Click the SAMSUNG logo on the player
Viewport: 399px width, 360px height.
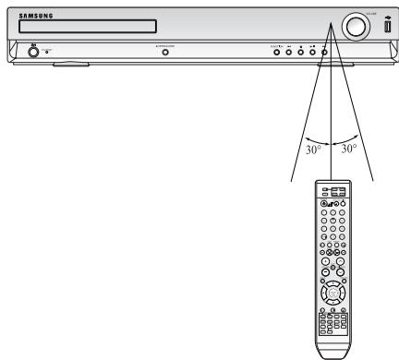(x=34, y=15)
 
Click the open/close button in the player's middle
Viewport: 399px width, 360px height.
(x=166, y=53)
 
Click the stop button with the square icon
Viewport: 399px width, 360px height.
(x=313, y=53)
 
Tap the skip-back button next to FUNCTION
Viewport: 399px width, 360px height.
(x=288, y=53)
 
